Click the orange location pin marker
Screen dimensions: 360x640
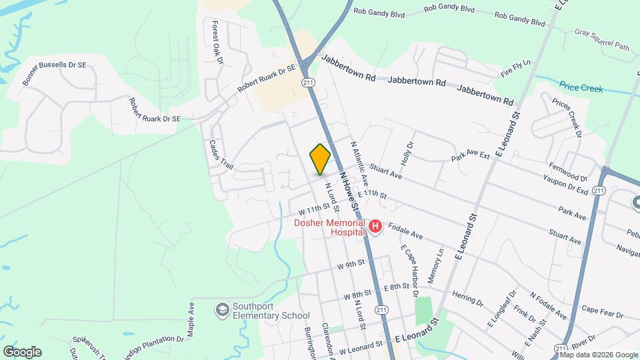[321, 159]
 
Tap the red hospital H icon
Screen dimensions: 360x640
[375, 228]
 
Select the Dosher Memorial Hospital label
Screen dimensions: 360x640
[329, 227]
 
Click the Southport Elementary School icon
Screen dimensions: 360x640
[221, 310]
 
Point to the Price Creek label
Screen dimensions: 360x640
[581, 88]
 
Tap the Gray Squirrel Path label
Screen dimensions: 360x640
[602, 39]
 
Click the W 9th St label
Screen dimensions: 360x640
[351, 264]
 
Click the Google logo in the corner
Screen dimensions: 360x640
[22, 352]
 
